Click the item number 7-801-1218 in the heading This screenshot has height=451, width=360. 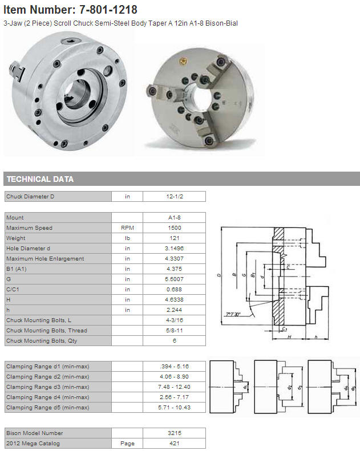coord(108,10)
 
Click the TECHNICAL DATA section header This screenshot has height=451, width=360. coord(40,179)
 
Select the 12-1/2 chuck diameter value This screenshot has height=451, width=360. coord(175,197)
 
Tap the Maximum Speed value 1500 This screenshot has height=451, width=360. coord(175,228)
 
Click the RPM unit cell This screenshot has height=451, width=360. coord(127,228)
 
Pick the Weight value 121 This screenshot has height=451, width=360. coord(175,238)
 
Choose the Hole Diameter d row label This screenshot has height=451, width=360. coord(28,249)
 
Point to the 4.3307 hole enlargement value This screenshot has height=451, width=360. coord(175,259)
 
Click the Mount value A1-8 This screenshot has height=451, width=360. coord(175,217)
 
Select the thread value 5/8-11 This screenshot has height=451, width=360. coord(175,331)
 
